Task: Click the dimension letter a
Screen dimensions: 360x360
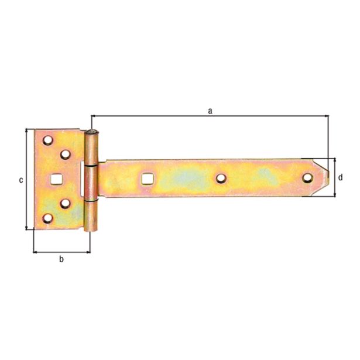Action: [209, 109]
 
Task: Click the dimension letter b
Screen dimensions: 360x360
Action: [61, 259]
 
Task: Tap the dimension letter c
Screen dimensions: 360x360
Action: [20, 180]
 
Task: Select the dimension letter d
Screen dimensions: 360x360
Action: [340, 177]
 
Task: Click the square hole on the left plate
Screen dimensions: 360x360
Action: [57, 179]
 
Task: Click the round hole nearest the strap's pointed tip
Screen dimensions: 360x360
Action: [307, 177]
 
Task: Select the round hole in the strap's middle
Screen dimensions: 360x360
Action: [221, 177]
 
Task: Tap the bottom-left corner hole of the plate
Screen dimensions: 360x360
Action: [47, 219]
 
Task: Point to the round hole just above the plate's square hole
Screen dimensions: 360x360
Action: [65, 155]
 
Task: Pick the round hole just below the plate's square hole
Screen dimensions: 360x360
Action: [65, 204]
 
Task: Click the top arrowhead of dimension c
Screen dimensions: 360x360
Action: [26, 132]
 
